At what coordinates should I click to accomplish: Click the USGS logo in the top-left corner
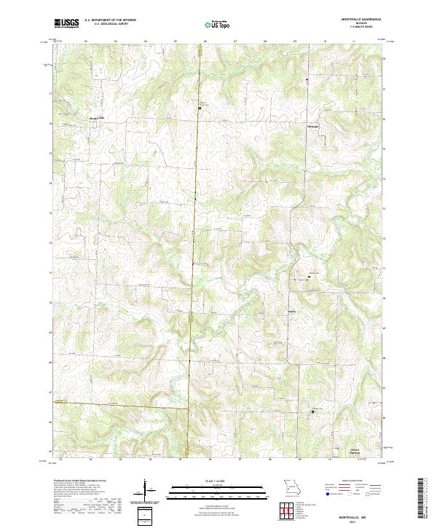click(x=66, y=23)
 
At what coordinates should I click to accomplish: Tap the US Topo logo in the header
click(x=218, y=24)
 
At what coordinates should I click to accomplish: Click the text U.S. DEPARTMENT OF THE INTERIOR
click(x=110, y=20)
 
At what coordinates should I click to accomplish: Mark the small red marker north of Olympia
click(x=307, y=79)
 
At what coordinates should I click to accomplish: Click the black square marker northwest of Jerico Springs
click(x=314, y=412)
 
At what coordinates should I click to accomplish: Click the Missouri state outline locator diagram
click(x=292, y=486)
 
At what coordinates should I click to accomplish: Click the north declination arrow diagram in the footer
click(x=146, y=489)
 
